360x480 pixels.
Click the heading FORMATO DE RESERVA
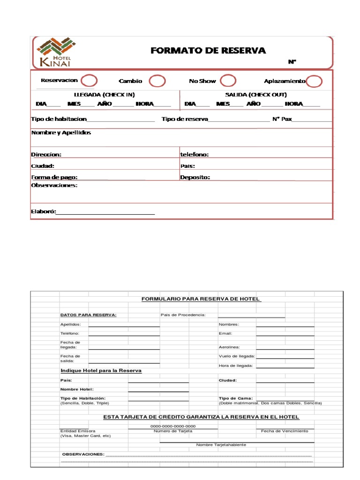tap(208, 51)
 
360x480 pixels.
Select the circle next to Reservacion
tap(89, 81)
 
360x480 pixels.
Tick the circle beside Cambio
tap(157, 81)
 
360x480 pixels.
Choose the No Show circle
tap(228, 81)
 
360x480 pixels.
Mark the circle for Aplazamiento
tap(315, 81)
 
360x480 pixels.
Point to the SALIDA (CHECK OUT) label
tap(256, 95)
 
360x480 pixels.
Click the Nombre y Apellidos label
tap(61, 133)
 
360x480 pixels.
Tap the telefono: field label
tap(195, 154)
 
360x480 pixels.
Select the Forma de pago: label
tap(54, 177)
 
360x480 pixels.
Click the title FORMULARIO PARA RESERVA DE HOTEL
tap(201, 299)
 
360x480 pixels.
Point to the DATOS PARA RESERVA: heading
tap(88, 315)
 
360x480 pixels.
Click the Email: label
tap(225, 333)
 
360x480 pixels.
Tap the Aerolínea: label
tap(229, 347)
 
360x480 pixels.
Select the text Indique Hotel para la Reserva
tap(101, 370)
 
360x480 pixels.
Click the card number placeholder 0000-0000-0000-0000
tap(173, 426)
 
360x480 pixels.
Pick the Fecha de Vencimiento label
tap(285, 431)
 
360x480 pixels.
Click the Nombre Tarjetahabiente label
tap(221, 444)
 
